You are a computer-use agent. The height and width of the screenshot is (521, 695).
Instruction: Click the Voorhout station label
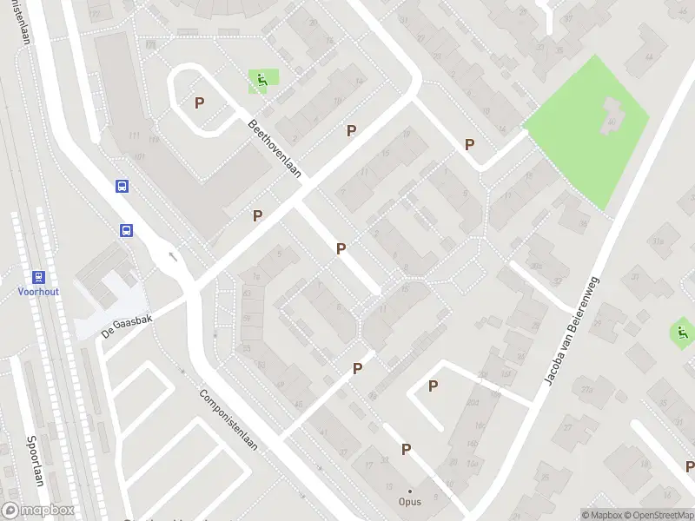pos(38,292)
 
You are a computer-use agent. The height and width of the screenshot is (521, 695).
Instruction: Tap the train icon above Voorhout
pos(38,277)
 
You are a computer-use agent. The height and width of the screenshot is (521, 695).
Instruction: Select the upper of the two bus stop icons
pos(122,186)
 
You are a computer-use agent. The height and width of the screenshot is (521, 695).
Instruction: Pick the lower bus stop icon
pos(127,230)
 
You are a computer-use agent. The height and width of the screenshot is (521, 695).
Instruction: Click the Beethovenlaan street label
pos(274,148)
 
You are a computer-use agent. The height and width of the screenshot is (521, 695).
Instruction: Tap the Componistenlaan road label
pos(229,420)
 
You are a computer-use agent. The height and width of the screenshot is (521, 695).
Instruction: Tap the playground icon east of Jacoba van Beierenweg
pos(682,331)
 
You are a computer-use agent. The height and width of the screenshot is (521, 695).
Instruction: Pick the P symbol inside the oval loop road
pos(199,102)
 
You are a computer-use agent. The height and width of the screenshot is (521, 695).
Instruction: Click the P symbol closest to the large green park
pos(470,144)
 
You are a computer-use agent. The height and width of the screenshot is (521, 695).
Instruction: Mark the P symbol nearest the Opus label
pos(406,449)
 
